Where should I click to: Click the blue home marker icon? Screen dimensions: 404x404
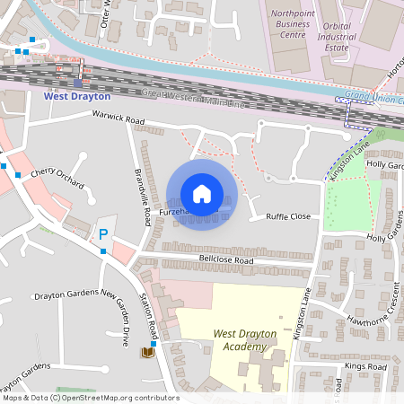[201, 194]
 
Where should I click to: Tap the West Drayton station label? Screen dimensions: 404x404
[77, 95]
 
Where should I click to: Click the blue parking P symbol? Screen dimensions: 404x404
[102, 234]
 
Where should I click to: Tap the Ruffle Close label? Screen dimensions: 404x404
[287, 216]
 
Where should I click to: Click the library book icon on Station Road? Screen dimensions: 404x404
[147, 353]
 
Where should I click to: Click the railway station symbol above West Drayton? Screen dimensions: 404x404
[77, 83]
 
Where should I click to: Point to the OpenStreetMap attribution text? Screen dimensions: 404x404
[91, 398]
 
